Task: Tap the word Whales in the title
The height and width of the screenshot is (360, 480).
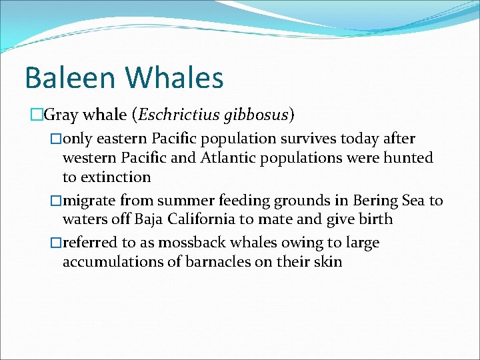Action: coord(175,77)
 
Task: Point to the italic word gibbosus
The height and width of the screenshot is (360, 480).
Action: coord(256,115)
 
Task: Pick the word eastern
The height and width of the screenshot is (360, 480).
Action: coord(123,139)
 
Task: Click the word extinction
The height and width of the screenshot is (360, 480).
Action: coord(115,177)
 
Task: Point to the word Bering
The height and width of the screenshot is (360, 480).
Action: coord(376,201)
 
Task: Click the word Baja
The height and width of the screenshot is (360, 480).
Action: coord(150,219)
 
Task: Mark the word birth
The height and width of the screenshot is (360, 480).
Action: coord(375,219)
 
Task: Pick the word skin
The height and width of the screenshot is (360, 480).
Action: coord(329,262)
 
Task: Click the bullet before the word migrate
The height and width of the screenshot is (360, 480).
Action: coord(57,201)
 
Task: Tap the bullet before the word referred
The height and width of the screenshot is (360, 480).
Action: coord(57,243)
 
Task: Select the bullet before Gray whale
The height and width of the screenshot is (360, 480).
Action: coord(37,115)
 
